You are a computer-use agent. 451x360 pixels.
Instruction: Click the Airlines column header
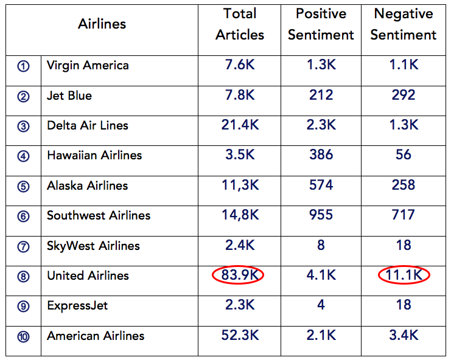click(102, 24)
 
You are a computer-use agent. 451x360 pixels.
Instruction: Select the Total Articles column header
click(240, 24)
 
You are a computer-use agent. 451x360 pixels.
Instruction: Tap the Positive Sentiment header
click(321, 24)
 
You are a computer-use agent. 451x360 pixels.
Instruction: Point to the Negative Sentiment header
click(404, 24)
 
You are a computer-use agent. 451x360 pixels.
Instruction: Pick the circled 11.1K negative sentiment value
click(404, 275)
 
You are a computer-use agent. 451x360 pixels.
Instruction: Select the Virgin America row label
click(88, 66)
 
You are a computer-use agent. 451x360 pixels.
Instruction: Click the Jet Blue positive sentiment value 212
click(321, 95)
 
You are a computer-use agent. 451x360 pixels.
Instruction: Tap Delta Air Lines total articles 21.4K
click(240, 125)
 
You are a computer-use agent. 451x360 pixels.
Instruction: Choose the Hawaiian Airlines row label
click(94, 155)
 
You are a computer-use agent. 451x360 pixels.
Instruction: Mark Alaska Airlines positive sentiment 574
click(321, 185)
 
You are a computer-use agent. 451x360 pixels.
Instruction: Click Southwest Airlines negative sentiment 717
click(404, 215)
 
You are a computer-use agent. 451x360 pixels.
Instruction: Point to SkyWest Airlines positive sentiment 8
click(321, 245)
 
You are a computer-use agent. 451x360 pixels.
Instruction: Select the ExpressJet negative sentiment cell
click(404, 305)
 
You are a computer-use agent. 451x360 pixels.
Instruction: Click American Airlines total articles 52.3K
click(240, 335)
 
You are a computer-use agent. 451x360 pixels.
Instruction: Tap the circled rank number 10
click(23, 336)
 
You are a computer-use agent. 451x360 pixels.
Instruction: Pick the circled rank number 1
click(23, 66)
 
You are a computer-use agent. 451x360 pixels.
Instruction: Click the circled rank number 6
click(23, 216)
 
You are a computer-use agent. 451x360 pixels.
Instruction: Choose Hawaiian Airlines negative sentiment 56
click(404, 155)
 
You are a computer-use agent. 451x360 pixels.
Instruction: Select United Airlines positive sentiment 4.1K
click(321, 275)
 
